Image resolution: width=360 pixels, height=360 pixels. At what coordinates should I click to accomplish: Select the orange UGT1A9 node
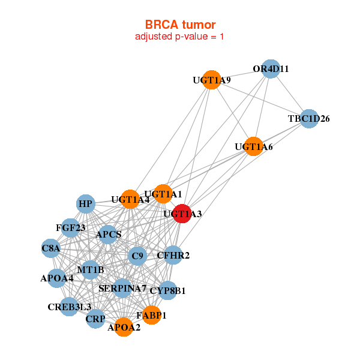coord(211,80)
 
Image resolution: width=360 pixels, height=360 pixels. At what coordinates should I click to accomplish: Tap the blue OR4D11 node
coord(271,69)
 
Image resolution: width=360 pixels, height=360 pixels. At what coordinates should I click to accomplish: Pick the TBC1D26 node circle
coord(308,119)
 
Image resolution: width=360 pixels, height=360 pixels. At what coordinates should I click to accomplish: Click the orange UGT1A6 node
coord(254,146)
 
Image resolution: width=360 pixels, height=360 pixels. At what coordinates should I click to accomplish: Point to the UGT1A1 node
coord(163,194)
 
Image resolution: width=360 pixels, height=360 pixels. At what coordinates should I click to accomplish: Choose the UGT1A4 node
coord(130,199)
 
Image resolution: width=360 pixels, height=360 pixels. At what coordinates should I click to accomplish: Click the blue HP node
coord(86,204)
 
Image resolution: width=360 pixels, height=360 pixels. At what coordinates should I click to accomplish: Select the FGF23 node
coord(71,228)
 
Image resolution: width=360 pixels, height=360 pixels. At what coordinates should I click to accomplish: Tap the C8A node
coord(51,247)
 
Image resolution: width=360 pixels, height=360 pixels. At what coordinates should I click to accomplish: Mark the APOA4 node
coord(57,278)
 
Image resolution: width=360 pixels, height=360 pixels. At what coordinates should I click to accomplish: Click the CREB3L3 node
coord(69,307)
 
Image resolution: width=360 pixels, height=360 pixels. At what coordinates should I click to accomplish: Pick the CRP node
coord(95,319)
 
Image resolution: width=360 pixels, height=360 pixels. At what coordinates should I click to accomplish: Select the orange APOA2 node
coord(124,328)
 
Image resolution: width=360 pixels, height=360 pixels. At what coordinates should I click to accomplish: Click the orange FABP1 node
coord(151,315)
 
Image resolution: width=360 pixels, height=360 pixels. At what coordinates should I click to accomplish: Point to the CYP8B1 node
coord(167,291)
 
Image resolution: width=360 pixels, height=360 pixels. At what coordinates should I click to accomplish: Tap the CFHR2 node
coord(173,256)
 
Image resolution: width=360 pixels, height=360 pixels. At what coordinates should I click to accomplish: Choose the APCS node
coord(109,234)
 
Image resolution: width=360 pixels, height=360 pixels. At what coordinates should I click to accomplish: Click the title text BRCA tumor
coord(180,25)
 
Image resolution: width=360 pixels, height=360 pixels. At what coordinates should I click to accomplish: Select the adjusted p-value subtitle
coord(180,37)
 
